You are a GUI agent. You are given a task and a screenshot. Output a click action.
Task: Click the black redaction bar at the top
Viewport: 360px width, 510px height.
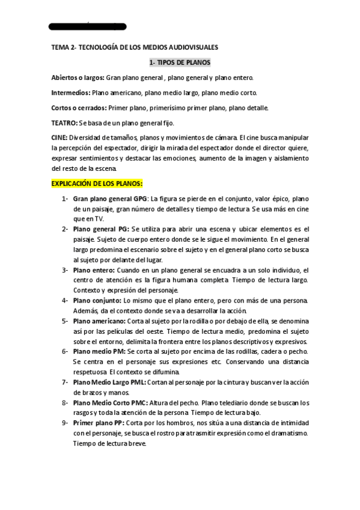(x=87, y=26)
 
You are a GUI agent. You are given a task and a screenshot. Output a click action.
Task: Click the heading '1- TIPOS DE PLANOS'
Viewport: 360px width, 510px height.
(x=180, y=63)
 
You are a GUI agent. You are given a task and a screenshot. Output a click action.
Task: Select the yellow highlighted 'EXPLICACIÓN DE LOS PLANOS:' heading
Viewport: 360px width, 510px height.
(x=97, y=183)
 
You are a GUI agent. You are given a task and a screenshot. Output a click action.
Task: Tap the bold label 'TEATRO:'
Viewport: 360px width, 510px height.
(x=64, y=123)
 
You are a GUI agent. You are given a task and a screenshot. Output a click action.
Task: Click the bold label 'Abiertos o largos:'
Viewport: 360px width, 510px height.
(x=78, y=78)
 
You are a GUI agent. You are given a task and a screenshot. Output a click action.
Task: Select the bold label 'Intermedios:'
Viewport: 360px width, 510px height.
(x=71, y=93)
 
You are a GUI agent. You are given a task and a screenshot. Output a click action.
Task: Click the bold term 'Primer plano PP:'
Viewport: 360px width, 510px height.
(x=99, y=423)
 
